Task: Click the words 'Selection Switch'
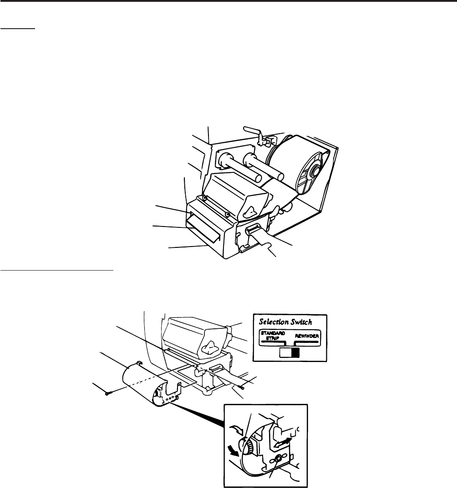click(285, 322)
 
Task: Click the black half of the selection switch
click(295, 353)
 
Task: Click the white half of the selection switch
click(286, 353)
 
